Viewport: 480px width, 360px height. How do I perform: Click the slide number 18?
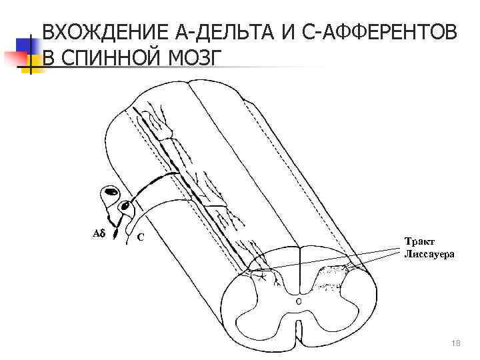pyautogui.click(x=456, y=343)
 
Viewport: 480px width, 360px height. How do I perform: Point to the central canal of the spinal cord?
pyautogui.click(x=298, y=301)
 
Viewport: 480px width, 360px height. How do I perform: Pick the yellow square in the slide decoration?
pyautogui.click(x=31, y=62)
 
